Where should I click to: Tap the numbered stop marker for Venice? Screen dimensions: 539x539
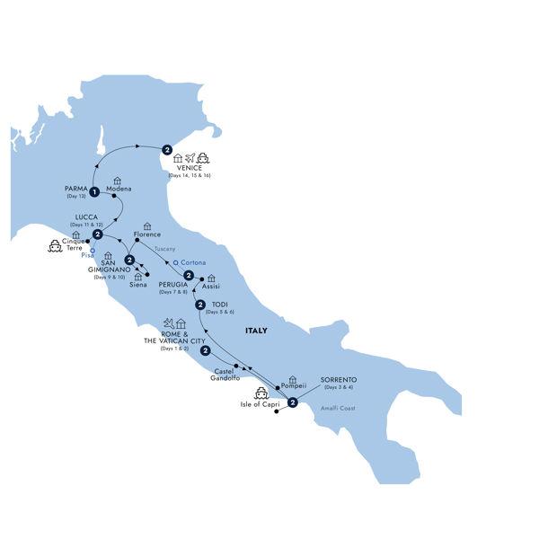tap(166, 150)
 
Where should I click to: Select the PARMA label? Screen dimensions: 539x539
tap(75, 188)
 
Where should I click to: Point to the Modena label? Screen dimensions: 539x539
tap(119, 189)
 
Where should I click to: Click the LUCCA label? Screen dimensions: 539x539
tap(75, 216)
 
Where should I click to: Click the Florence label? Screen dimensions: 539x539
tap(146, 234)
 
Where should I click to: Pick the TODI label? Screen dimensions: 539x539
tap(219, 305)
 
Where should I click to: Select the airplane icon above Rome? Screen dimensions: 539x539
tap(168, 322)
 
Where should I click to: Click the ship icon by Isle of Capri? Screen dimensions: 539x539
tap(262, 393)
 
